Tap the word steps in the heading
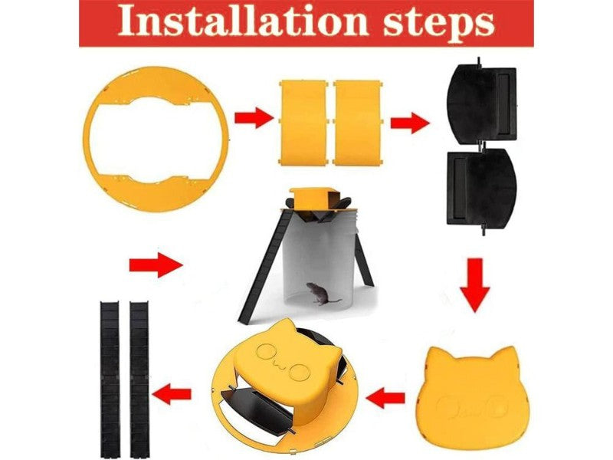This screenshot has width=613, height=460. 438,25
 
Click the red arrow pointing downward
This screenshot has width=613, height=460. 474,285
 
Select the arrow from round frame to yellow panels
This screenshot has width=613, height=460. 253,118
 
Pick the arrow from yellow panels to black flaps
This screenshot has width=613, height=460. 409,123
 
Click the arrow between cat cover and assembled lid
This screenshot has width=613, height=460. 385,398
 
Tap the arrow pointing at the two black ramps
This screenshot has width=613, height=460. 172,394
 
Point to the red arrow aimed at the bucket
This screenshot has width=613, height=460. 156,265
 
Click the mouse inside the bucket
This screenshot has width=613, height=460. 321,294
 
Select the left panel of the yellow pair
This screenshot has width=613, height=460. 303,123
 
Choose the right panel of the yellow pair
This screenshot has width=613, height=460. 357,123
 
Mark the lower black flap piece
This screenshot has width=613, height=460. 483,189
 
